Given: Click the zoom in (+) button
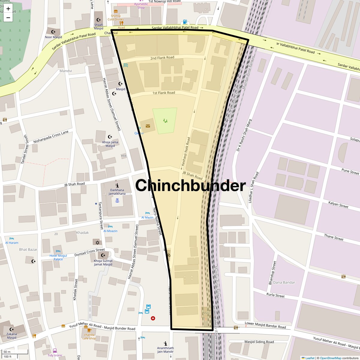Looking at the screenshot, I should click(x=8, y=9).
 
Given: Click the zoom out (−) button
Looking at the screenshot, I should click(x=8, y=18).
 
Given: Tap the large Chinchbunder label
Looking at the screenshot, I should click(x=190, y=185).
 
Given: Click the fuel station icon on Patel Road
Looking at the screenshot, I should click(x=185, y=22).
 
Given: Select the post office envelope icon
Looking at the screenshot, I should click(x=148, y=126).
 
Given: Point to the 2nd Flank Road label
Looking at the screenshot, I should click(x=162, y=58).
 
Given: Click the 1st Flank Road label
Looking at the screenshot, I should click(x=163, y=93).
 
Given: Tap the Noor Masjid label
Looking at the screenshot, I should click(x=53, y=37).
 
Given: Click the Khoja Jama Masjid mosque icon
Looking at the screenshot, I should click(x=110, y=137).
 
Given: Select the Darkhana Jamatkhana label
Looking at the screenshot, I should click(x=117, y=192).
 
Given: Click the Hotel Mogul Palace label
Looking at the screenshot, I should click(x=58, y=257).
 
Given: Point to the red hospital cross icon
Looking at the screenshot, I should click(x=153, y=318).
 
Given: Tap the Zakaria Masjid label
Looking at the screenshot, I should click(x=12, y=336).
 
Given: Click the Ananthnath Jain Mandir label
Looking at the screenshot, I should click(x=165, y=350).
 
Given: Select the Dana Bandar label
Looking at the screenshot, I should click(x=284, y=282).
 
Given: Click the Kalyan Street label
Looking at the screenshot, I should click(x=338, y=205).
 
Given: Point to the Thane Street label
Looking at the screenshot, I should click(x=334, y=237).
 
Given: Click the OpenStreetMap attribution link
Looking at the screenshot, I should click(x=330, y=358).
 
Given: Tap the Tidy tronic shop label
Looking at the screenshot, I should click(x=55, y=355).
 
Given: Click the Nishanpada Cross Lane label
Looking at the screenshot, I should click(x=51, y=137).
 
